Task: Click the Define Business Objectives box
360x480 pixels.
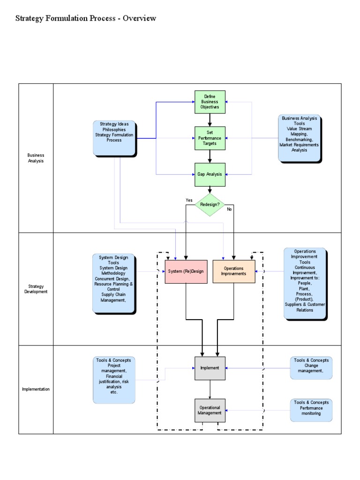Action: pyautogui.click(x=210, y=102)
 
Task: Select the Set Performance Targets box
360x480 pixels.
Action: pyautogui.click(x=210, y=138)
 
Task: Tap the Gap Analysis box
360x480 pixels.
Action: pyautogui.click(x=210, y=174)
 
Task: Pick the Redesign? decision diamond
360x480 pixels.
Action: pyautogui.click(x=210, y=205)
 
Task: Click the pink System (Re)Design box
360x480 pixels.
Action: pyautogui.click(x=186, y=271)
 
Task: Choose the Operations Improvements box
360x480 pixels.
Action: pyautogui.click(x=234, y=271)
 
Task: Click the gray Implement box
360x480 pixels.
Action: pyautogui.click(x=210, y=368)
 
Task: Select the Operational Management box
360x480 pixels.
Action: pyautogui.click(x=210, y=410)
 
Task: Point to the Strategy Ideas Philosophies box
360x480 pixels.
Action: pyautogui.click(x=114, y=138)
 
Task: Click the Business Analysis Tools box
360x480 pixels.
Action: pyautogui.click(x=299, y=138)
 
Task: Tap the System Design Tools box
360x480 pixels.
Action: pyautogui.click(x=113, y=284)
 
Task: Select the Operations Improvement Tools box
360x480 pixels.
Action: pyautogui.click(x=305, y=284)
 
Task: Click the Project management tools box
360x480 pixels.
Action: pyautogui.click(x=113, y=379)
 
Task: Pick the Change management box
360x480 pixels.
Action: pyautogui.click(x=311, y=367)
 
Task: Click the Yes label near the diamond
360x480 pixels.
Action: pyautogui.click(x=189, y=200)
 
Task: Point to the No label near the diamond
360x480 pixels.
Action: pyautogui.click(x=229, y=210)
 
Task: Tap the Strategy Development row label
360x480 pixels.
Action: pyautogui.click(x=36, y=289)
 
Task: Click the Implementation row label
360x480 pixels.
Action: pyautogui.click(x=36, y=389)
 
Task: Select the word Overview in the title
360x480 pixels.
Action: pyautogui.click(x=140, y=18)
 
